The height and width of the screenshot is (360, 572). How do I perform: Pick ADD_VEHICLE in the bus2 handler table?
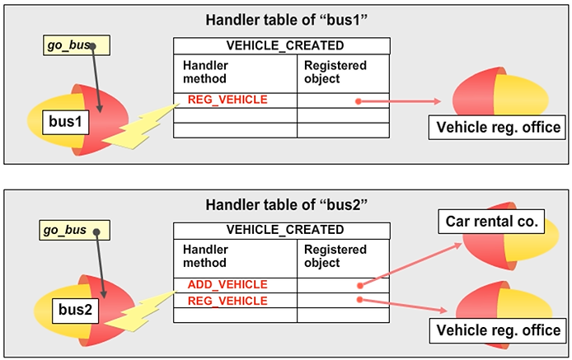227,284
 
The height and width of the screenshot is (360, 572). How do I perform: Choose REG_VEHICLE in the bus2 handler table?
227,301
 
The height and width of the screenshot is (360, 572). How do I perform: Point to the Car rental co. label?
491,221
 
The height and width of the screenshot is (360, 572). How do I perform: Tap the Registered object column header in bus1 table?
335,72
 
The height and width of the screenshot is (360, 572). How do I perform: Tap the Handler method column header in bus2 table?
206,256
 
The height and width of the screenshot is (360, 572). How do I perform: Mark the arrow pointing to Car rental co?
404,262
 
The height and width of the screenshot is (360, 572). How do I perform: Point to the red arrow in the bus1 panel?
400,102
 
